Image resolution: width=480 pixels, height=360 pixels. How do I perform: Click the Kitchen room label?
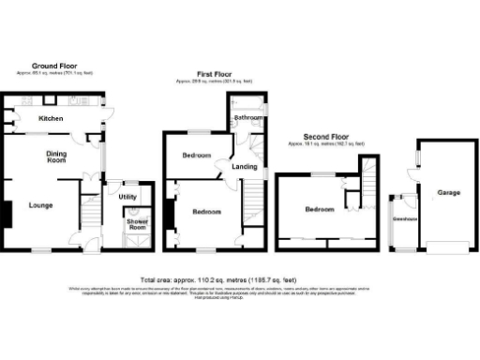coord(50,120)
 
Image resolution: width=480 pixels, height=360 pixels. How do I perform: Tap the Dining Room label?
coord(56,157)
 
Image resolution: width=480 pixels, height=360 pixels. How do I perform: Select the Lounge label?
coord(40,204)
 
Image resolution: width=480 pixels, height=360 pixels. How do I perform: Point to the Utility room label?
coord(127,196)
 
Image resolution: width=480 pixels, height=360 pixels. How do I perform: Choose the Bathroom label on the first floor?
coord(247,118)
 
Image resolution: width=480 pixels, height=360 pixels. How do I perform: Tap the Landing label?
coord(245,167)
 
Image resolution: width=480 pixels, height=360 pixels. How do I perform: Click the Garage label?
coord(448,192)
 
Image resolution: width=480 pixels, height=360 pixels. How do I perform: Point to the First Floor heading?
coord(214,72)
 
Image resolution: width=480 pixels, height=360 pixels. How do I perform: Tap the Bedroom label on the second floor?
coord(319,210)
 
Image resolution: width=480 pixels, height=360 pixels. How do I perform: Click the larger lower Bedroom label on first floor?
coord(206,213)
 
